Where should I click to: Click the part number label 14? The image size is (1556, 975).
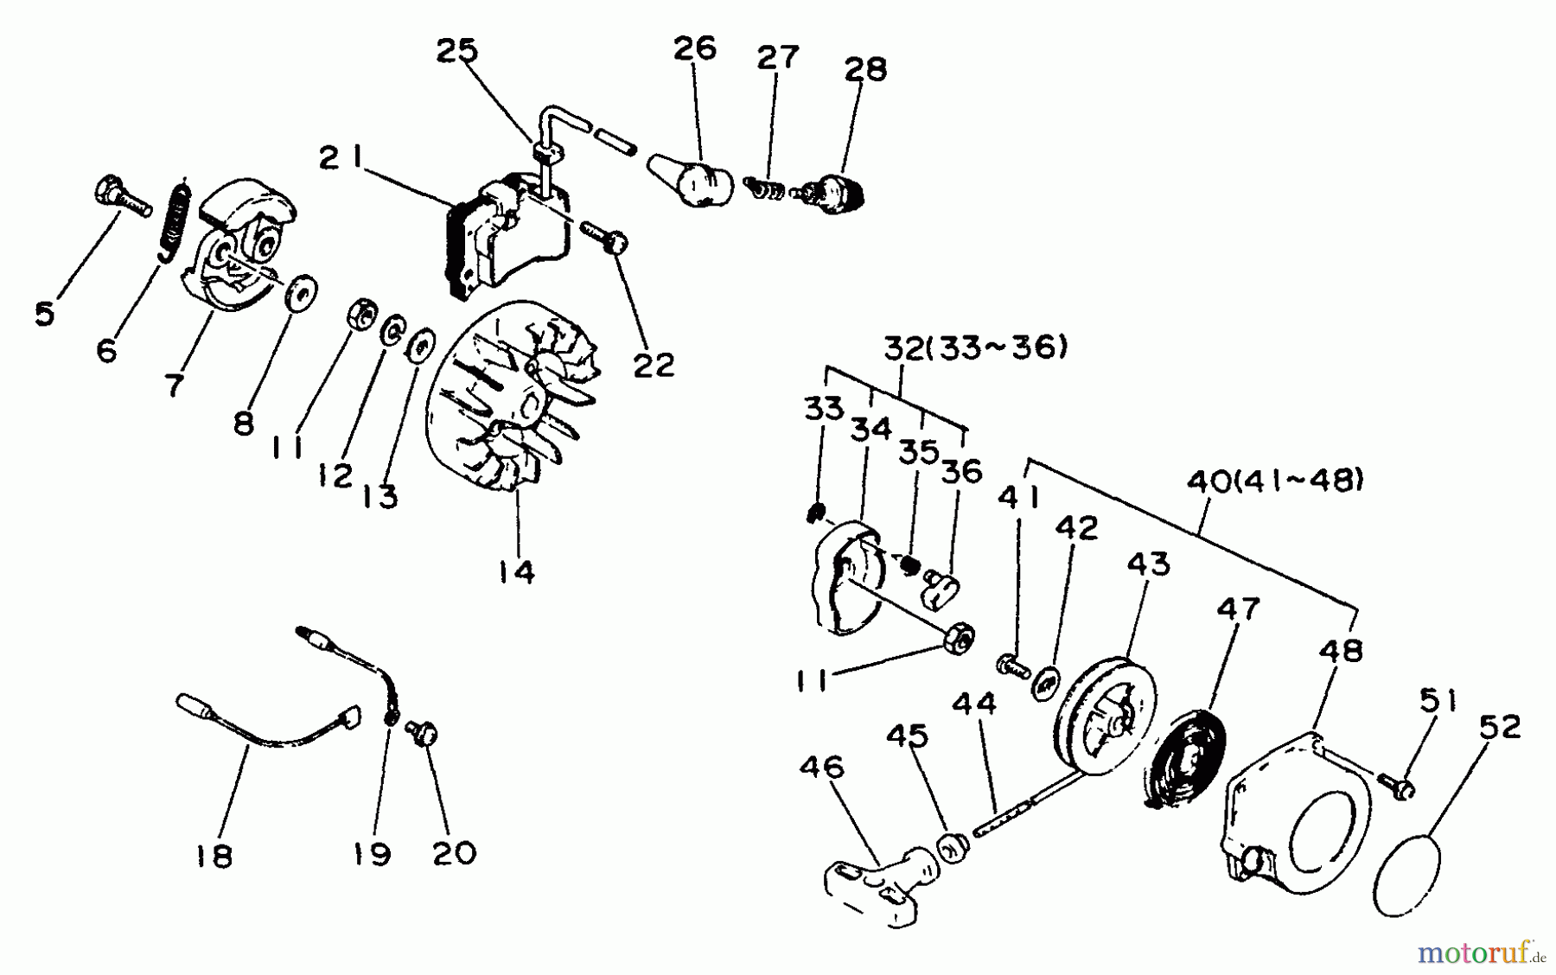[x=517, y=571]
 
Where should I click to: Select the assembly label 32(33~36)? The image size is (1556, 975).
[x=975, y=348]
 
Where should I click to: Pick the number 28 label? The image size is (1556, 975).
[x=865, y=68]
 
